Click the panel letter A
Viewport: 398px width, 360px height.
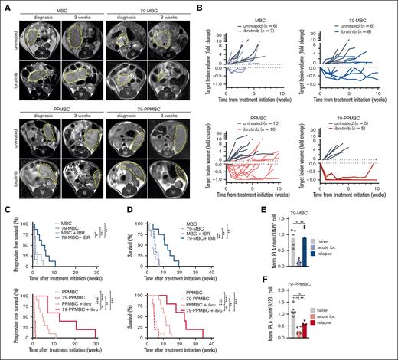pyautogui.click(x=5, y=5)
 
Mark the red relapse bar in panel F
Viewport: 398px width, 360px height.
pyautogui.click(x=348, y=330)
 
